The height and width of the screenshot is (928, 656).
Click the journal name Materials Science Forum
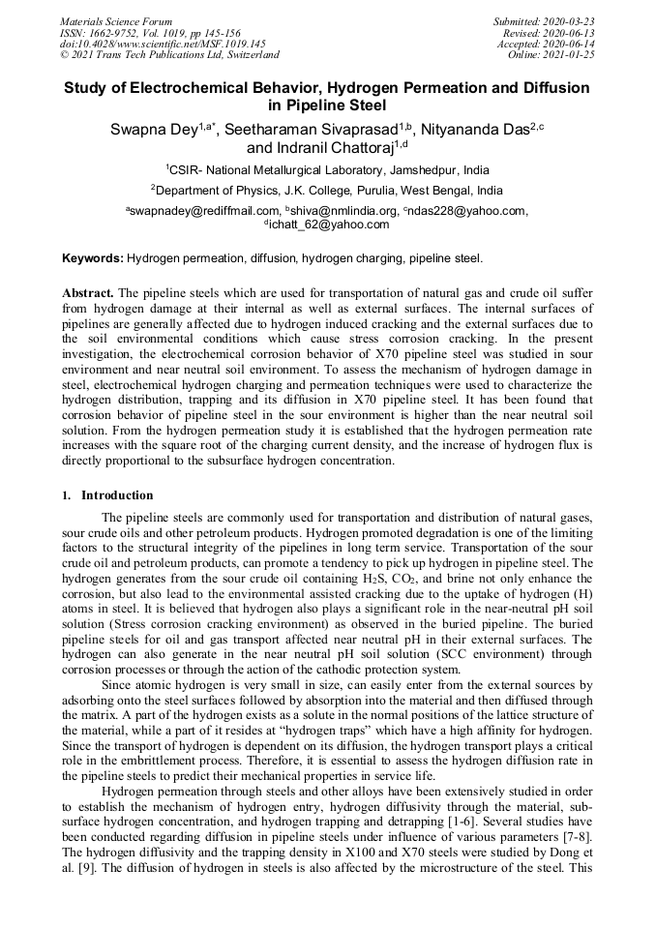[116, 21]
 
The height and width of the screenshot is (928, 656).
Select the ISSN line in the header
[149, 33]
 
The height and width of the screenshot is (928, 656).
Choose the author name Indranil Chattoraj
[312, 148]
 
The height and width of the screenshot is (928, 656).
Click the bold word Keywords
[92, 259]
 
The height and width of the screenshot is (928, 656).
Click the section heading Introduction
[117, 495]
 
